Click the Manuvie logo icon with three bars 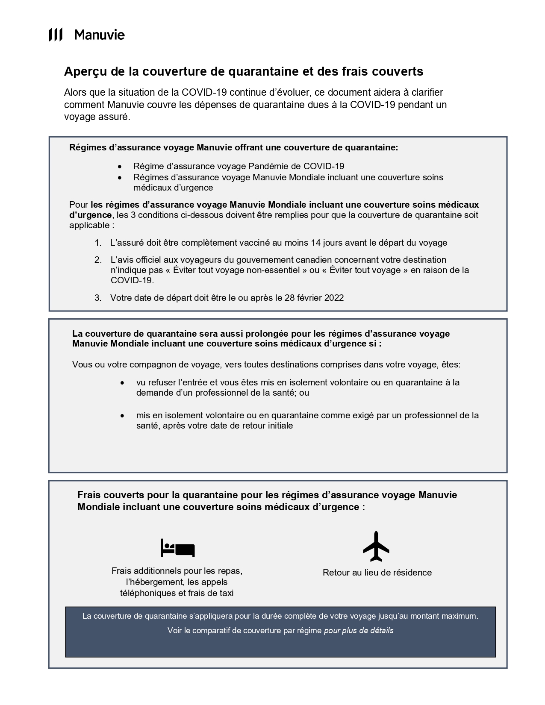56,35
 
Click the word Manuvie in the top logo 99,35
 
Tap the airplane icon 376,546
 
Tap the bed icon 177,548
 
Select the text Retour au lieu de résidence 377,573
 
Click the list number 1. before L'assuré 98,243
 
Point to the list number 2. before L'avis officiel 98,260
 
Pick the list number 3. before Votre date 98,298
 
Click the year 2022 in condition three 334,298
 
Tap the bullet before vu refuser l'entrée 123,383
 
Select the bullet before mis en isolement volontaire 123,416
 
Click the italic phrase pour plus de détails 359,631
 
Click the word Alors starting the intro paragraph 75,93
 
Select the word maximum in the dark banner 459,616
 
